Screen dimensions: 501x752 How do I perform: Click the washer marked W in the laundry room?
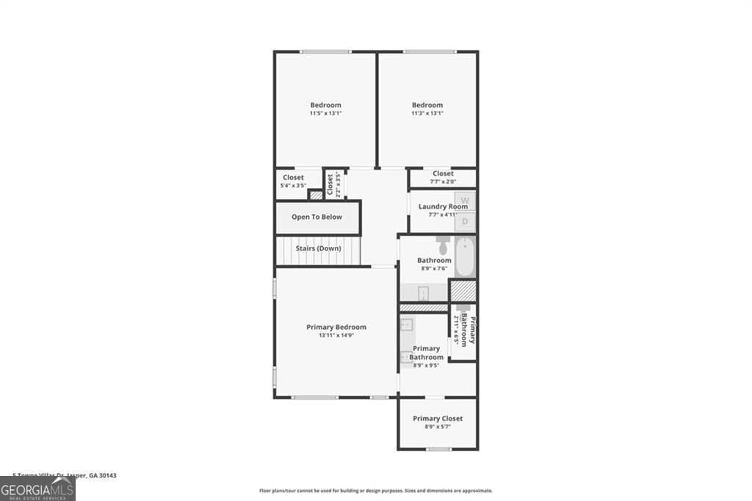pos(465,200)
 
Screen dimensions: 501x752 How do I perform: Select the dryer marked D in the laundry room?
pos(465,221)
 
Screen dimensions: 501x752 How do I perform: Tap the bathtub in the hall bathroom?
pos(465,256)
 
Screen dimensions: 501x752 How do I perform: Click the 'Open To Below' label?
pos(317,217)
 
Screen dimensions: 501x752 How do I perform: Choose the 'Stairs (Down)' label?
pos(318,248)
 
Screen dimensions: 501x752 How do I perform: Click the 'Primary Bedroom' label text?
pos(336,327)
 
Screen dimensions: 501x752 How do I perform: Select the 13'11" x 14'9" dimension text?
pos(336,336)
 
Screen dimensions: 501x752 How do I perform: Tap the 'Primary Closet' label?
pos(438,419)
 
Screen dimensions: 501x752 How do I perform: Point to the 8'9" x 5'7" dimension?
pos(438,427)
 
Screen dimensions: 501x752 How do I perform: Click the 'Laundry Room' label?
pos(443,206)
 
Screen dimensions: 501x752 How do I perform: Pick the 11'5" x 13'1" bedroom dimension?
pos(325,113)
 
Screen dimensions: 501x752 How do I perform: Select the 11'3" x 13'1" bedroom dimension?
pos(427,113)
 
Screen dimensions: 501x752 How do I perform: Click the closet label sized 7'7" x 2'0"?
pos(443,181)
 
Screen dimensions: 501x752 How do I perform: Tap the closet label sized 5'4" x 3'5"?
pos(293,186)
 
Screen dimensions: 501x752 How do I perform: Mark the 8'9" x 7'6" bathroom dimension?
pos(434,268)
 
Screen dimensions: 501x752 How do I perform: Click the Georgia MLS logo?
pos(37,489)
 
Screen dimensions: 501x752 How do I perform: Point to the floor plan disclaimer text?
pos(375,491)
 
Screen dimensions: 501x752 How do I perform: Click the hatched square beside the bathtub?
pos(463,291)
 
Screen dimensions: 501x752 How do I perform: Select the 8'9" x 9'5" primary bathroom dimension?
pos(426,365)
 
